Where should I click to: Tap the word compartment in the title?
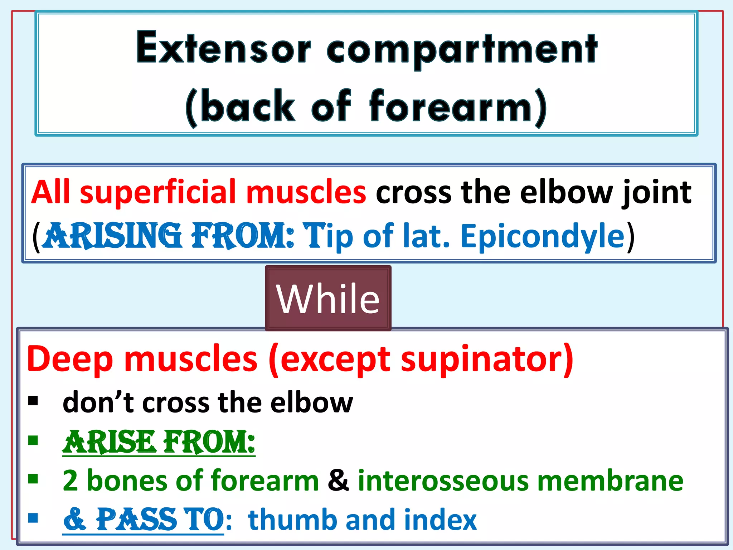462,50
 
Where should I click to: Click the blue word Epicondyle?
542,236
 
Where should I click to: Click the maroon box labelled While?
328,298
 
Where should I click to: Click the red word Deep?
70,359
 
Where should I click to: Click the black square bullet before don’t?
33,401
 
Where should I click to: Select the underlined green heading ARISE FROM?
159,442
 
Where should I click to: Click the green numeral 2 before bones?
70,481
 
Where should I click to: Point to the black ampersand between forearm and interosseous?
338,481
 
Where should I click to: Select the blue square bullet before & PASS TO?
33,518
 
